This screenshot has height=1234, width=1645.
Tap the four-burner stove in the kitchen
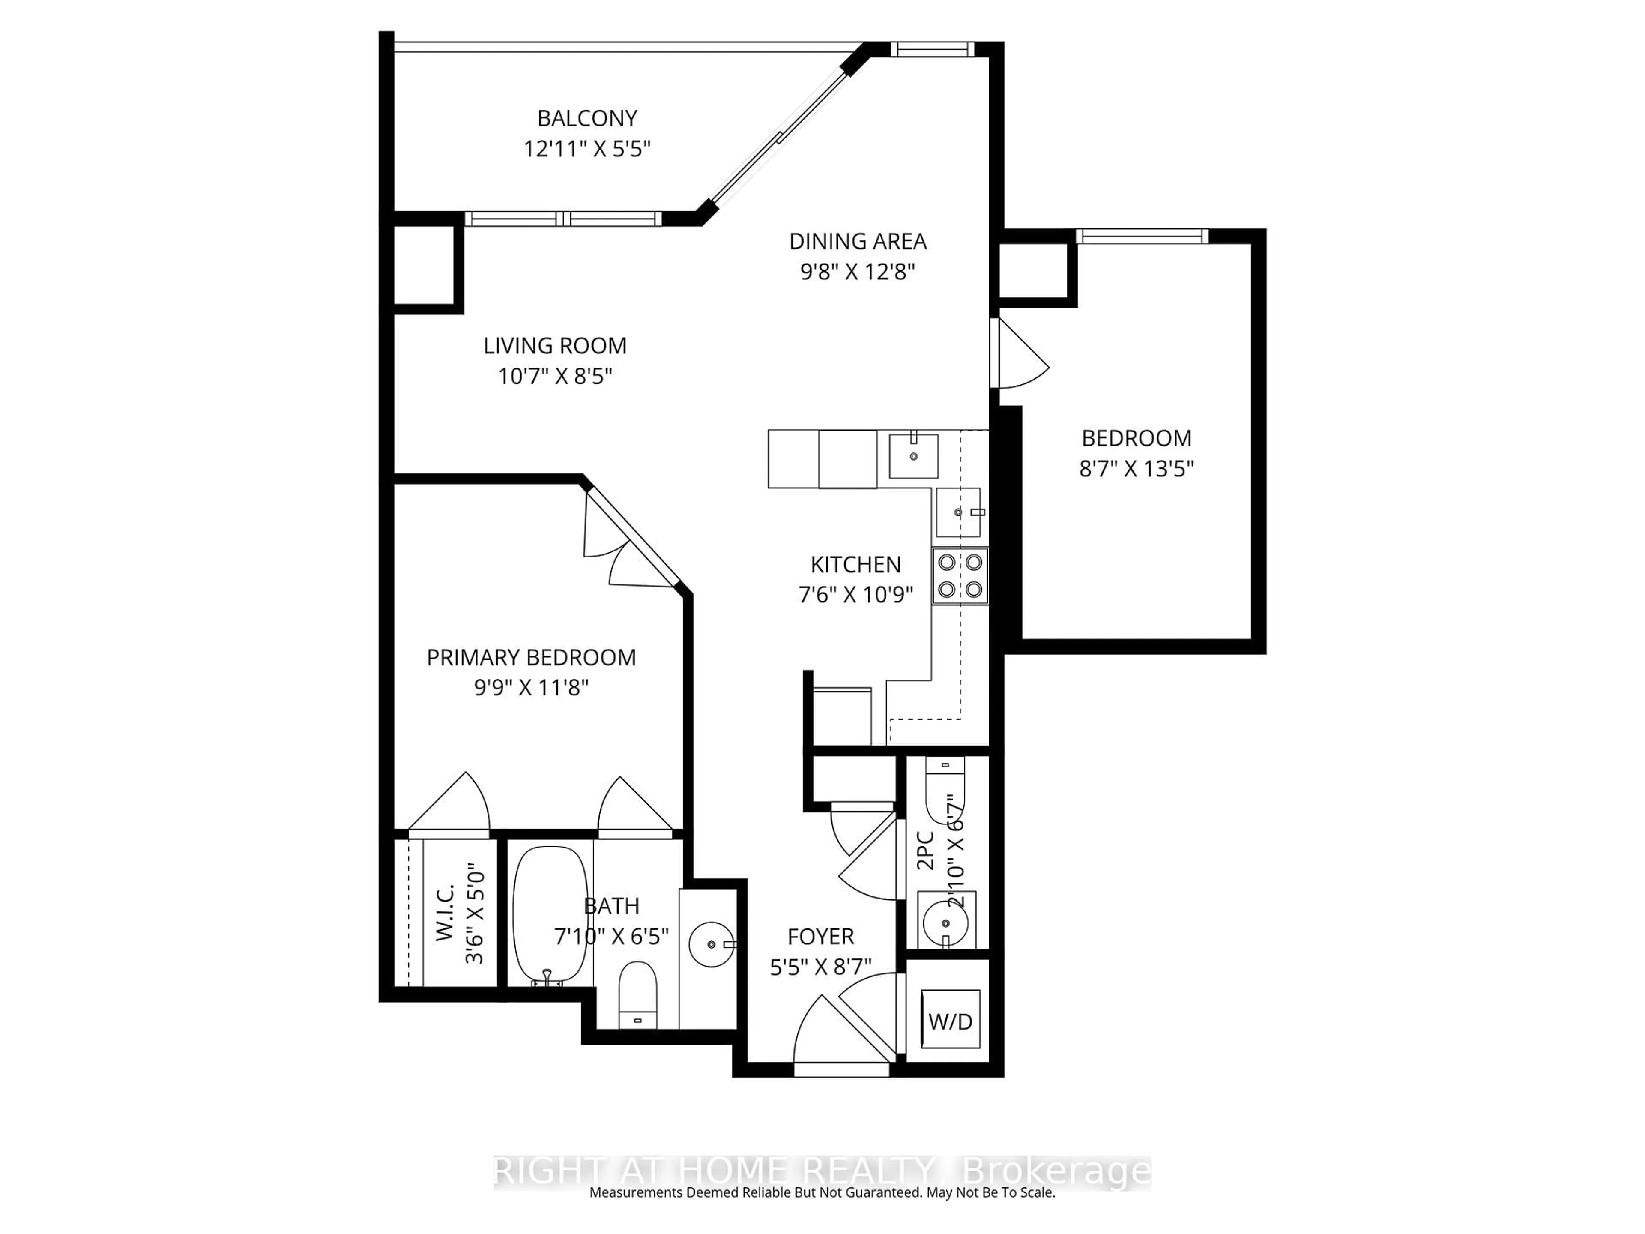click(959, 576)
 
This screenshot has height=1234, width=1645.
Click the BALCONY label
click(587, 118)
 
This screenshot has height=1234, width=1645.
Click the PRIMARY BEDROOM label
click(531, 658)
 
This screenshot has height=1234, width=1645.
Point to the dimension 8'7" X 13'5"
click(1136, 469)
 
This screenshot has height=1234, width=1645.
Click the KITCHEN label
click(855, 565)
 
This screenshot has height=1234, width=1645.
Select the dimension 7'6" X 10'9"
click(855, 595)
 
